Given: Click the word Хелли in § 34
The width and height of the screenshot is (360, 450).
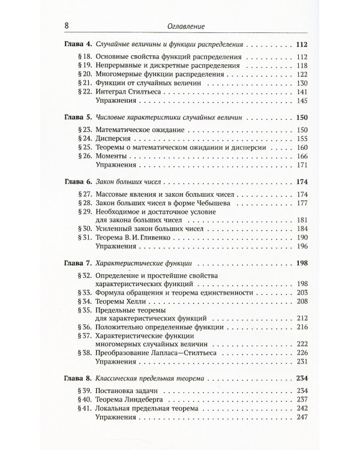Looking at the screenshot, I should coord(148,301).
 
